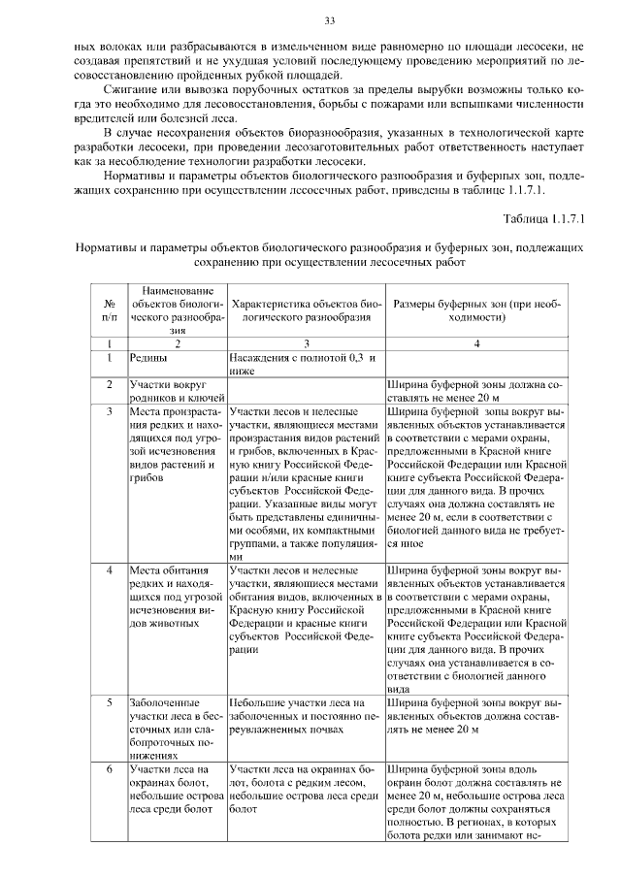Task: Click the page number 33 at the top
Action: pos(329,21)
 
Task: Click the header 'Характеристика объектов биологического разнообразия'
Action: pos(306,309)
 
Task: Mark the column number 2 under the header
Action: pos(177,343)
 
